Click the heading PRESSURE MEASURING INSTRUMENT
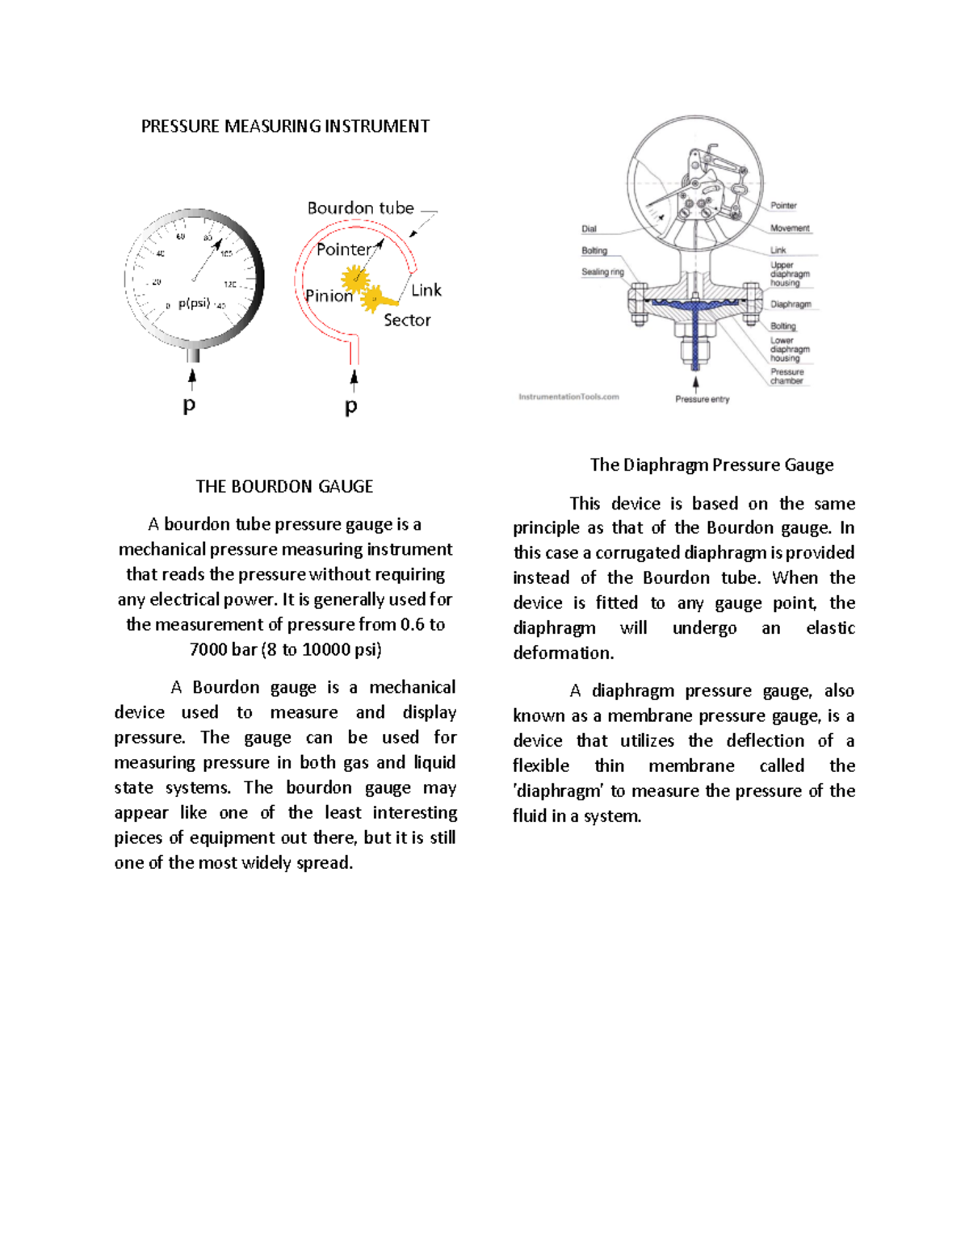click(x=285, y=126)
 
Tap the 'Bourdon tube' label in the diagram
click(x=360, y=208)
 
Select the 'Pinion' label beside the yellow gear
click(x=329, y=296)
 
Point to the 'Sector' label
click(x=407, y=321)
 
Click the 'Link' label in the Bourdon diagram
click(x=426, y=291)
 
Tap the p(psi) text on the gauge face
click(x=194, y=304)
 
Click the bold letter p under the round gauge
click(x=189, y=405)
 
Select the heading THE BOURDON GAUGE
click(x=284, y=486)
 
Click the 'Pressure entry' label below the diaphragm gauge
click(x=702, y=400)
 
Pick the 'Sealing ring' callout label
click(x=602, y=272)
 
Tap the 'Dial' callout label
click(x=589, y=229)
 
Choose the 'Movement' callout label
click(x=789, y=229)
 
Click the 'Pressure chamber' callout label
click(x=786, y=376)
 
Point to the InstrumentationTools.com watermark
click(x=568, y=397)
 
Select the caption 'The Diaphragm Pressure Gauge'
click(x=711, y=465)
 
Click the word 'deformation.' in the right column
click(x=563, y=653)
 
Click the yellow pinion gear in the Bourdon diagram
click(x=354, y=279)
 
